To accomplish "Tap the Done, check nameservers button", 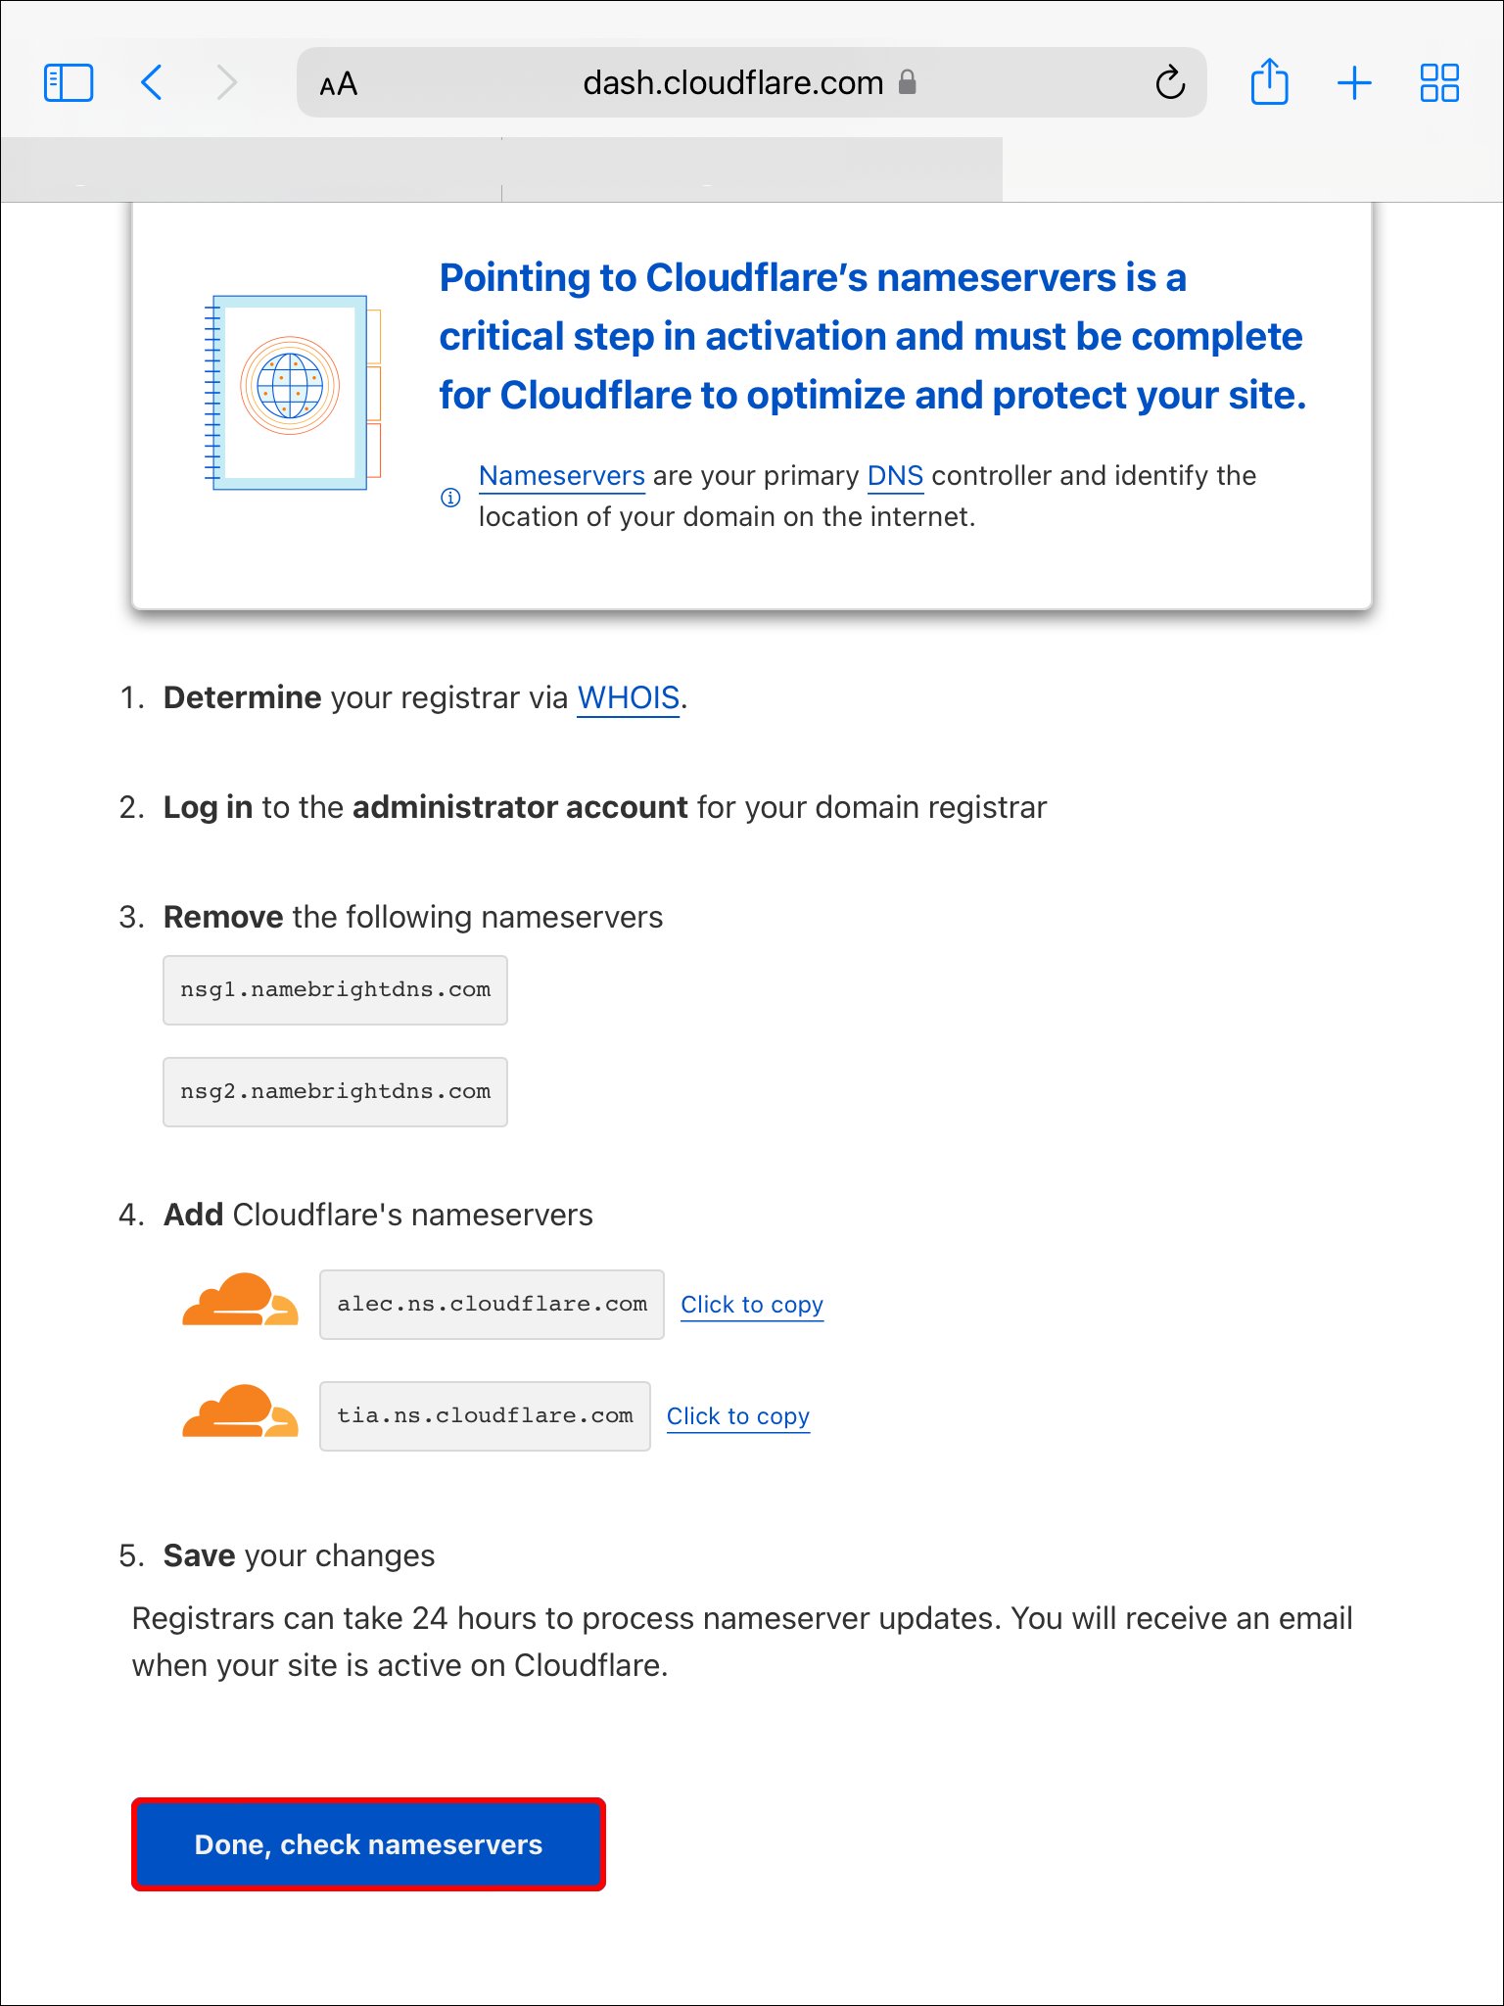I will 368,1844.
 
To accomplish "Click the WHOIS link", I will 628,697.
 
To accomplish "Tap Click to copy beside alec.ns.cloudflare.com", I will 752,1305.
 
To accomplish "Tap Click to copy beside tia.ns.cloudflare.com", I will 738,1416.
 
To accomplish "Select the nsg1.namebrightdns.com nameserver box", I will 335,990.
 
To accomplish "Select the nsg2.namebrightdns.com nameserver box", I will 335,1092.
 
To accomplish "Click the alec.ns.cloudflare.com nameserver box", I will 492,1305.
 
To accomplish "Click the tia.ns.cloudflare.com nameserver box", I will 485,1416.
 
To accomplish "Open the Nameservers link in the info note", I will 561,476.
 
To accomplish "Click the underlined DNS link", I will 895,476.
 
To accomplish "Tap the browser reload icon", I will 1170,83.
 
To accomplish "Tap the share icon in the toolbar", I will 1269,82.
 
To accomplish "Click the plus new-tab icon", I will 1354,83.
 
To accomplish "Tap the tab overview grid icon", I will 1439,83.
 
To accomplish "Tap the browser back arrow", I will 152,83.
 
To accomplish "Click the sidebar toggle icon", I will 69,83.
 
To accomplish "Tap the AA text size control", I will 339,85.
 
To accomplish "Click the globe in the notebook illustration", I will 290,385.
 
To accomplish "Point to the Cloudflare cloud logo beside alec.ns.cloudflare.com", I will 240,1300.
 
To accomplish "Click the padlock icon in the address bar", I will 908,82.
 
